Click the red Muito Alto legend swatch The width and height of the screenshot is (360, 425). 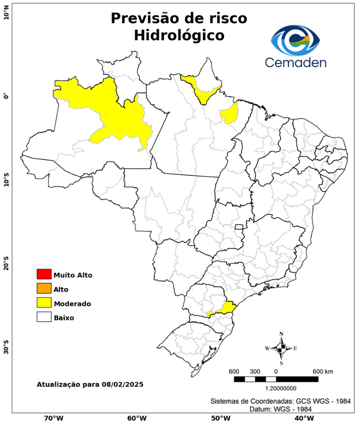pos(44,274)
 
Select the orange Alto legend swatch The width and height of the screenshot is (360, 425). pos(44,289)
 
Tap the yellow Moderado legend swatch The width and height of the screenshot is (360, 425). pos(44,303)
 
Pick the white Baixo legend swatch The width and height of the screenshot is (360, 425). pos(44,318)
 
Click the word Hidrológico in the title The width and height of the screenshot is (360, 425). pos(179,35)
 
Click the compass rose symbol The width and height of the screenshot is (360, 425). pos(281,348)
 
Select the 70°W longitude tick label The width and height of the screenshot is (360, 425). pos(53,418)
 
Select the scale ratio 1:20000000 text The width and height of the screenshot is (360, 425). pos(277,388)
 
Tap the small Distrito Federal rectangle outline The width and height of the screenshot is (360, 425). pos(239,227)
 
